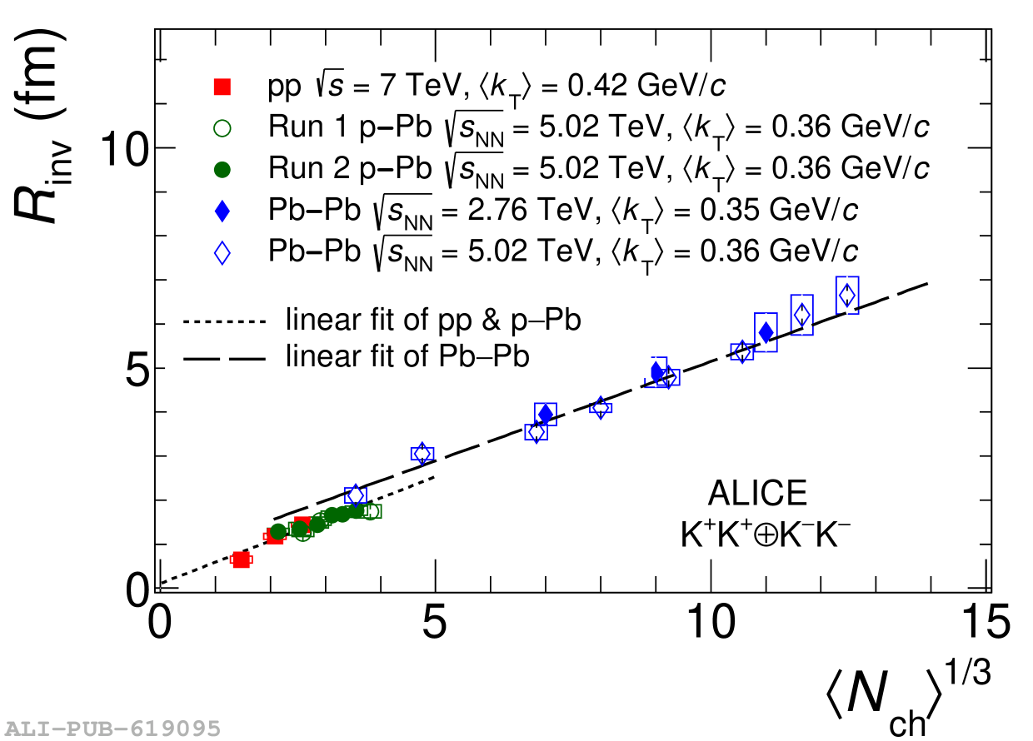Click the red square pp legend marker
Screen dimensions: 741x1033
[x=222, y=86]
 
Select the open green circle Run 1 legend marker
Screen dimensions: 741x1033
[x=222, y=128]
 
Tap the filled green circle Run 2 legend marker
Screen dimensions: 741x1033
[x=222, y=170]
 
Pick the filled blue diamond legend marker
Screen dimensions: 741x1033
[x=222, y=211]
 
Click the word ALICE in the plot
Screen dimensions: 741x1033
[x=757, y=495]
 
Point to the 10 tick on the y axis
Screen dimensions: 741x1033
[x=125, y=148]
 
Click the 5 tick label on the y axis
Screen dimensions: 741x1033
[x=137, y=369]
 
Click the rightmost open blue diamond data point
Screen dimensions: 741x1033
[x=847, y=295]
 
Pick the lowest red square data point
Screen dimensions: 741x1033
[x=242, y=559]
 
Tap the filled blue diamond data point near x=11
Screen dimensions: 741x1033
[x=766, y=332]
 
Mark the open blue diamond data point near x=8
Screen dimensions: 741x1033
[x=601, y=407]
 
